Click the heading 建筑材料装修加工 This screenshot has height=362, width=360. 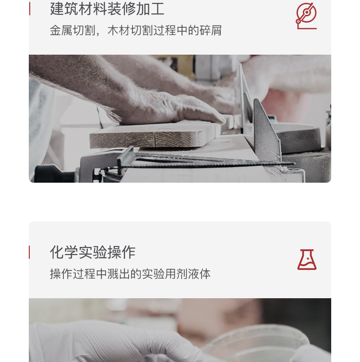[x=107, y=9]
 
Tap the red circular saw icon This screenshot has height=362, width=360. [x=306, y=15]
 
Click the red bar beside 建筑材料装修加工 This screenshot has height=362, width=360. [x=30, y=9]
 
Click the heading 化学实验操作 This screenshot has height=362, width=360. [x=93, y=252]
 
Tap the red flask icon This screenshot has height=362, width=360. [x=307, y=259]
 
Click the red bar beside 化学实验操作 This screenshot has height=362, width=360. [x=30, y=252]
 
